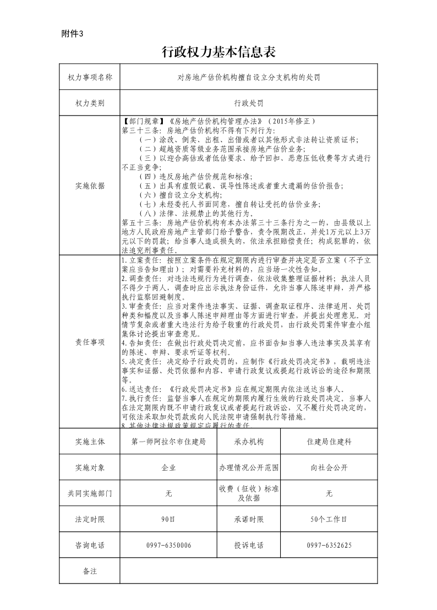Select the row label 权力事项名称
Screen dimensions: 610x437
tap(90, 77)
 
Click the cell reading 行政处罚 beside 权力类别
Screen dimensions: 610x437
tap(248, 103)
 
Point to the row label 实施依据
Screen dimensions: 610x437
tap(90, 186)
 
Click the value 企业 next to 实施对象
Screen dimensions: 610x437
tap(168, 467)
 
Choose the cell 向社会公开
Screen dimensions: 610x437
tap(329, 467)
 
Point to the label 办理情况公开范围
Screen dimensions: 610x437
tap(249, 467)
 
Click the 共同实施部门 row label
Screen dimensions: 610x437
tap(90, 493)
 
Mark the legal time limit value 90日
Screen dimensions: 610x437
tap(168, 519)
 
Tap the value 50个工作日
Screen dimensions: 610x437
tap(329, 519)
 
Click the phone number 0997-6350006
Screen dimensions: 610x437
tap(168, 545)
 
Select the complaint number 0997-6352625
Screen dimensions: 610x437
tap(329, 545)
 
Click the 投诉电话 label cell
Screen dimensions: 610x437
tap(249, 545)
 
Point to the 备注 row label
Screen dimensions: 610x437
tap(90, 571)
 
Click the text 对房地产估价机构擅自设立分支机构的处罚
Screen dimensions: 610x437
tap(248, 77)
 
